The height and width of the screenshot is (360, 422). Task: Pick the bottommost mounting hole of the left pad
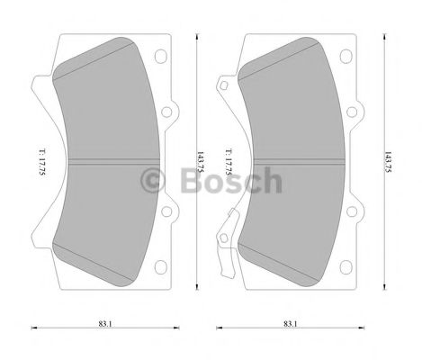click(x=163, y=266)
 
